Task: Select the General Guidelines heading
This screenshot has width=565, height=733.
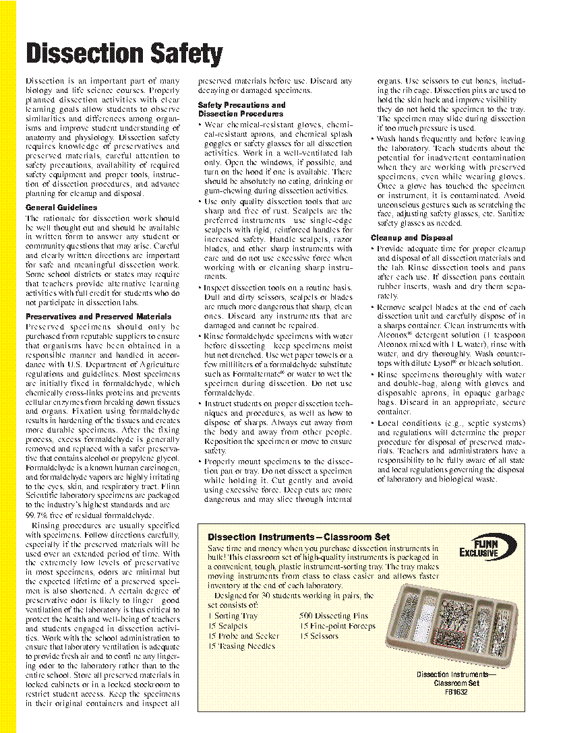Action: [x=61, y=208]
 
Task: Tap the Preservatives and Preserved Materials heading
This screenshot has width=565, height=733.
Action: [x=98, y=316]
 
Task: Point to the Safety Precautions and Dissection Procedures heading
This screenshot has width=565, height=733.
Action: [x=241, y=109]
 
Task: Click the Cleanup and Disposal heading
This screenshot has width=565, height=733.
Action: [x=411, y=238]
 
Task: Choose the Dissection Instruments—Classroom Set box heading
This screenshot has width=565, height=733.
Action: [x=299, y=537]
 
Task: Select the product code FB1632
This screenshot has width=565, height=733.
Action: [x=456, y=691]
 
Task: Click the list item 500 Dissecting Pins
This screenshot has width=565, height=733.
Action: [x=334, y=616]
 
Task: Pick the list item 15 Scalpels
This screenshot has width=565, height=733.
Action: [x=228, y=626]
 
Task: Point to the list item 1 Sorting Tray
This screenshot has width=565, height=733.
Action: [x=233, y=616]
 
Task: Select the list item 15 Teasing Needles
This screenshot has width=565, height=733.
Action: [x=241, y=646]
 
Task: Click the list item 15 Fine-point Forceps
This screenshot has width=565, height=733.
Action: [x=338, y=626]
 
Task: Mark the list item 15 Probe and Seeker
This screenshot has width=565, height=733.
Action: [x=243, y=636]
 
